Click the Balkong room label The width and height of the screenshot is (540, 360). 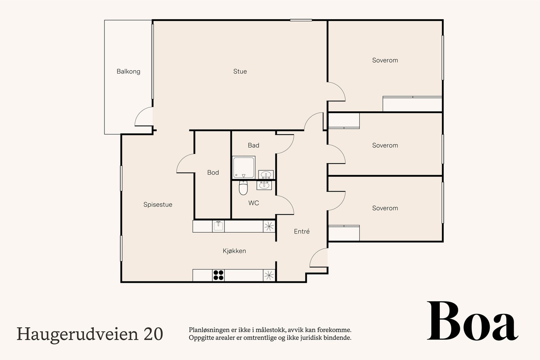coord(128,72)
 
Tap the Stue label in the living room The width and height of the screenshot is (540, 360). coord(240,72)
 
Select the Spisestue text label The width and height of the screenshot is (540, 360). coord(158,205)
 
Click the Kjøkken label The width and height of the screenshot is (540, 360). coord(234,251)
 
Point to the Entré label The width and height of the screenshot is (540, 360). coord(302,231)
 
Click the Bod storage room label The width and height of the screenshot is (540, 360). coord(213,173)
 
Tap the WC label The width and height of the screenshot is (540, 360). coord(253,203)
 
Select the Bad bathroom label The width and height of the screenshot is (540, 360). coord(253,145)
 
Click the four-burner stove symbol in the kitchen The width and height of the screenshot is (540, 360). coord(218,275)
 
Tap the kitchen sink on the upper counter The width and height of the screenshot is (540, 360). coord(218,226)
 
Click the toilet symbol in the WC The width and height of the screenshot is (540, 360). coord(243,188)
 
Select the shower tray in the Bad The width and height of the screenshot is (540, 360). coord(243,167)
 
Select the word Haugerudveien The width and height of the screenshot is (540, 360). coord(77,334)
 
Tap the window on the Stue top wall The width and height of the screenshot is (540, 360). coord(301,20)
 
